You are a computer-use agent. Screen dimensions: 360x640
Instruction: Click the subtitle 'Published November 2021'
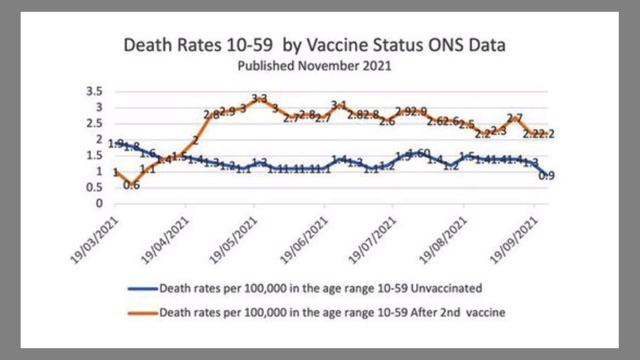[314, 66]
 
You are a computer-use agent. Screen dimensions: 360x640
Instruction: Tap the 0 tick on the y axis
[100, 204]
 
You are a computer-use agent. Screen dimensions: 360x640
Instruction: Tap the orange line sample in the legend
[142, 312]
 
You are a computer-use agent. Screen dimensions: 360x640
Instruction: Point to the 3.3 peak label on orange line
[259, 99]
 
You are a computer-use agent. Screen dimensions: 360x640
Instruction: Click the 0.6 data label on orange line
[131, 186]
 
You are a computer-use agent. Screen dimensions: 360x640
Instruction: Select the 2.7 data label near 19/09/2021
[515, 119]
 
